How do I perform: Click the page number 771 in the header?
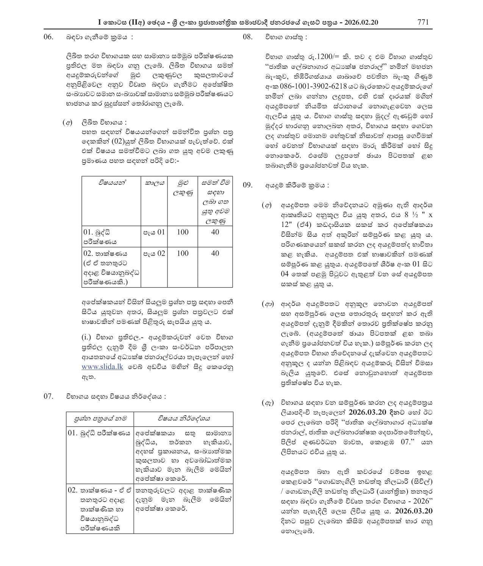pos(423,22)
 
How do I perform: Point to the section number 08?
pos(247,37)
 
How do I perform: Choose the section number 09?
pos(247,185)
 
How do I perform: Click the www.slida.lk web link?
pos(102,367)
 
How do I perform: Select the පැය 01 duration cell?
pos(154,232)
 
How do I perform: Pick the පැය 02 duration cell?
pos(154,253)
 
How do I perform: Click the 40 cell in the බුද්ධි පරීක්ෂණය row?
pos(215,232)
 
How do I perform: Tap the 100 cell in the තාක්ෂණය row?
pos(183,253)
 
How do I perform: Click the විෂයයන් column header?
pos(112,183)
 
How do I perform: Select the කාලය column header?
pos(155,183)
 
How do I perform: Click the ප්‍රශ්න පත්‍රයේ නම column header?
pos(100,419)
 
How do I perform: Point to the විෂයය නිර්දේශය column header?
pos(184,419)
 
